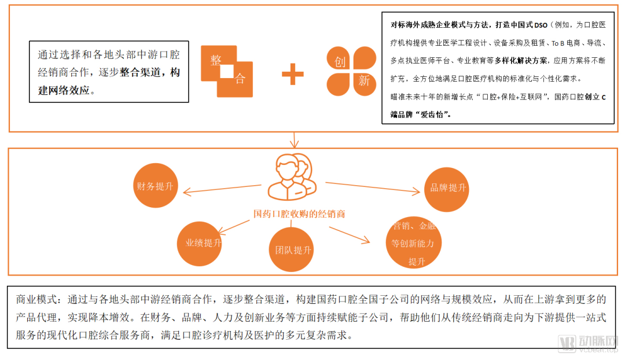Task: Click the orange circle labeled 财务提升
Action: coord(155,185)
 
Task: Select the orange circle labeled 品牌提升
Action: coord(446,189)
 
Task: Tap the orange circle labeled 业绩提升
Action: coord(199,244)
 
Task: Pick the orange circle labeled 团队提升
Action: coord(291,249)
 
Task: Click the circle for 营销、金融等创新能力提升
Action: coord(414,243)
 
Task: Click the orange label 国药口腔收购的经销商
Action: coord(299,214)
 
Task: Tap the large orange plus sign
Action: coord(293,74)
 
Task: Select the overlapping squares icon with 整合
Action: coord(227,71)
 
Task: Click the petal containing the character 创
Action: coord(339,58)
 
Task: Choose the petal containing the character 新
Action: coord(365,84)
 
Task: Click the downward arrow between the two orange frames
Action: coord(294,140)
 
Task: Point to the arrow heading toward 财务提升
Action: coord(222,189)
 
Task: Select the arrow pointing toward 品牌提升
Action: coord(373,188)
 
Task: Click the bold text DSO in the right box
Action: coord(541,25)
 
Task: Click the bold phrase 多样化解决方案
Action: coord(521,61)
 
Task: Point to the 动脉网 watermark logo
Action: coord(587,344)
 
